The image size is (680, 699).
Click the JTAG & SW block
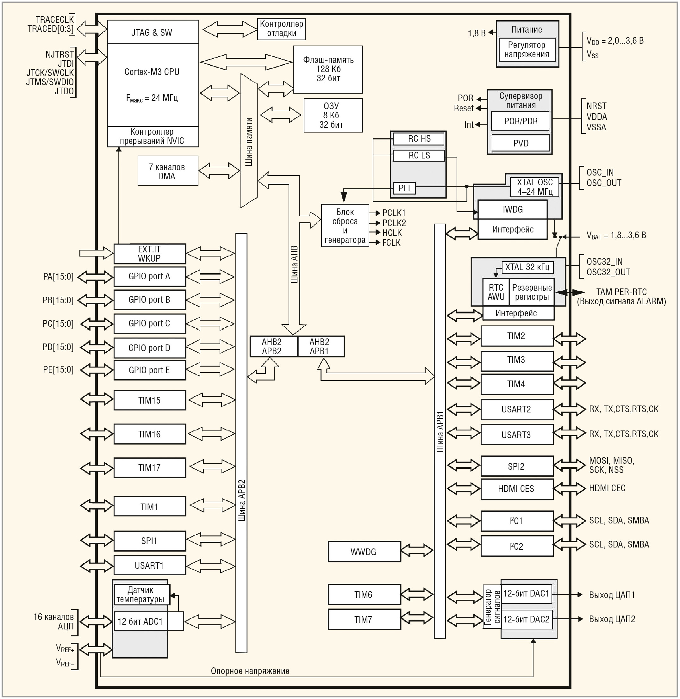(153, 33)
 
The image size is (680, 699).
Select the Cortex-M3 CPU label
(152, 72)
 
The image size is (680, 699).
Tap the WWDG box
(364, 552)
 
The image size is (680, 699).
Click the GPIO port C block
(149, 324)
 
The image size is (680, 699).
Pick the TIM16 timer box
(149, 434)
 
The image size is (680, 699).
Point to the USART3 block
(516, 435)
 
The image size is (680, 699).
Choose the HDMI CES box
(516, 489)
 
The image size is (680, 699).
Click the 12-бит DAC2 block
(527, 619)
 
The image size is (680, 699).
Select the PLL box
(405, 188)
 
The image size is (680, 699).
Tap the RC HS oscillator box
(419, 139)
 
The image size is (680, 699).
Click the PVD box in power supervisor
(521, 144)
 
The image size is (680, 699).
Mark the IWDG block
(513, 210)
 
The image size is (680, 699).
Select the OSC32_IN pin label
(604, 262)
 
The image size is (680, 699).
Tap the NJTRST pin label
(59, 55)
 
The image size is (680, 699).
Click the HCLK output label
(392, 233)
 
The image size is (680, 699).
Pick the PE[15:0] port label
(58, 369)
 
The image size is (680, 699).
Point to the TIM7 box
(364, 620)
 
